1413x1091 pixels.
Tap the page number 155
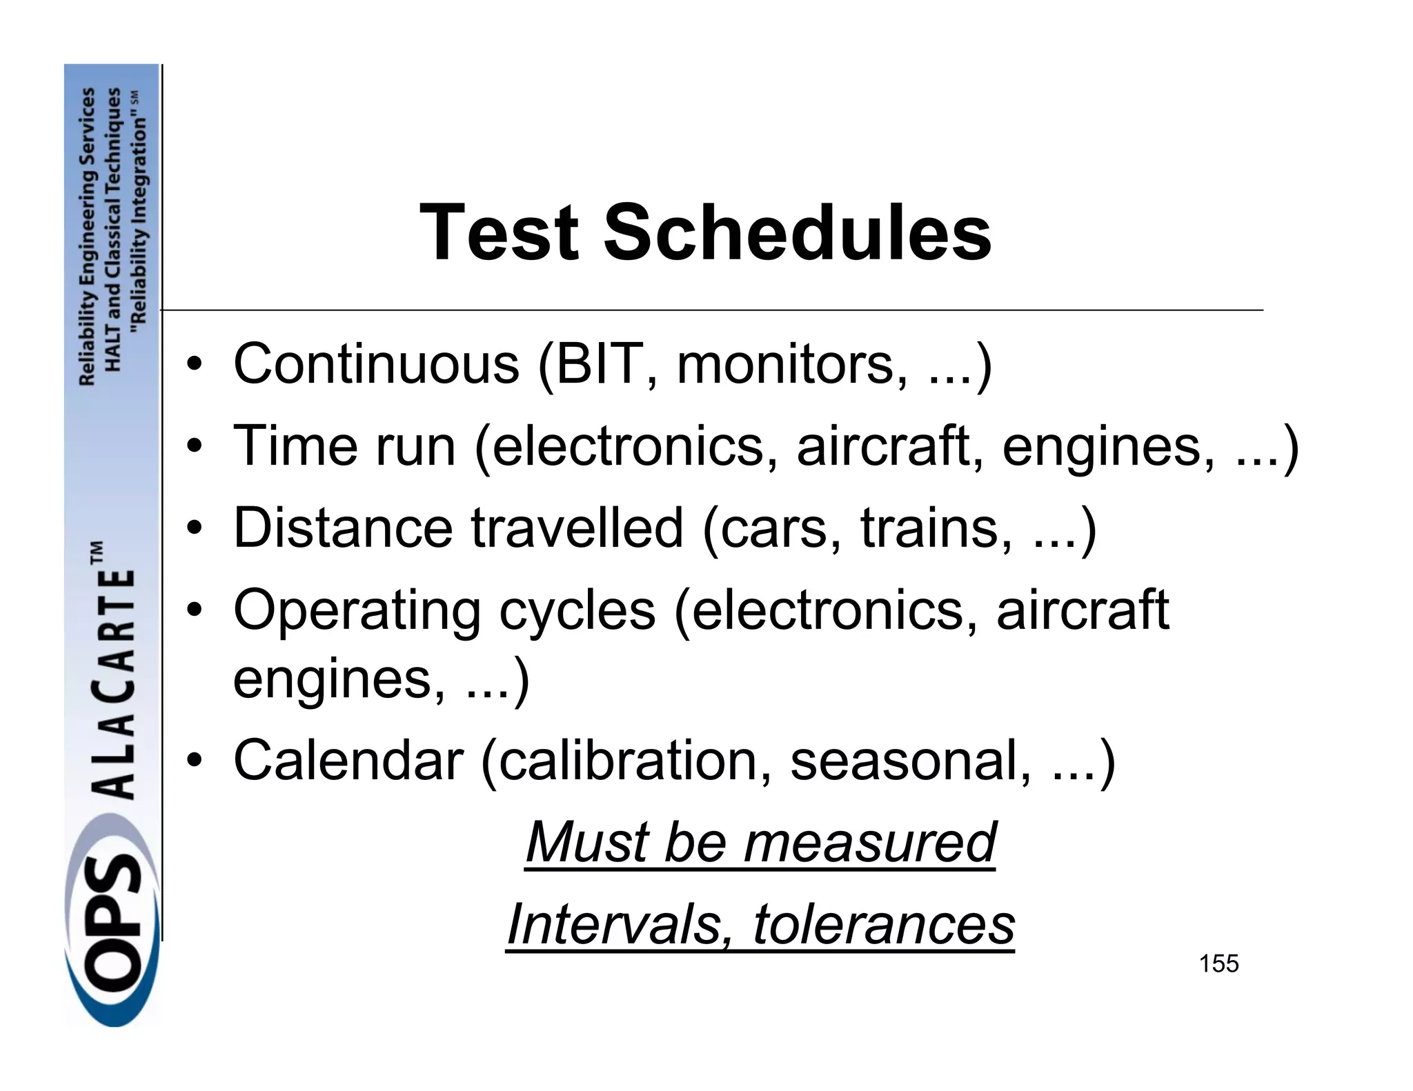tap(1218, 963)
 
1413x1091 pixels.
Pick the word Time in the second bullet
tap(295, 446)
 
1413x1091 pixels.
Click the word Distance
tap(343, 528)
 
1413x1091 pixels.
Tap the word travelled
tap(577, 528)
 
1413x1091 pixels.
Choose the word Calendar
tap(348, 760)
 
